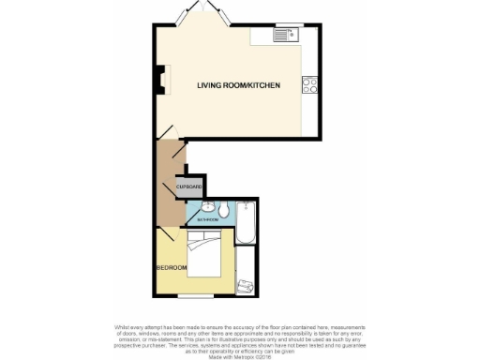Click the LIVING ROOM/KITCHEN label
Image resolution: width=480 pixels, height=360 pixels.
point(238,85)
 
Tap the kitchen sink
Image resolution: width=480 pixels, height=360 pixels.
point(284,37)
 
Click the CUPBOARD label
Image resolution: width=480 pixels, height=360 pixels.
point(187,187)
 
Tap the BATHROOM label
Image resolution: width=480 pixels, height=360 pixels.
point(207,219)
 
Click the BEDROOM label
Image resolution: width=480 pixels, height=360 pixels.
point(172,268)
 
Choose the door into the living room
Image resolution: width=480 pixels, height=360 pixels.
point(165,136)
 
